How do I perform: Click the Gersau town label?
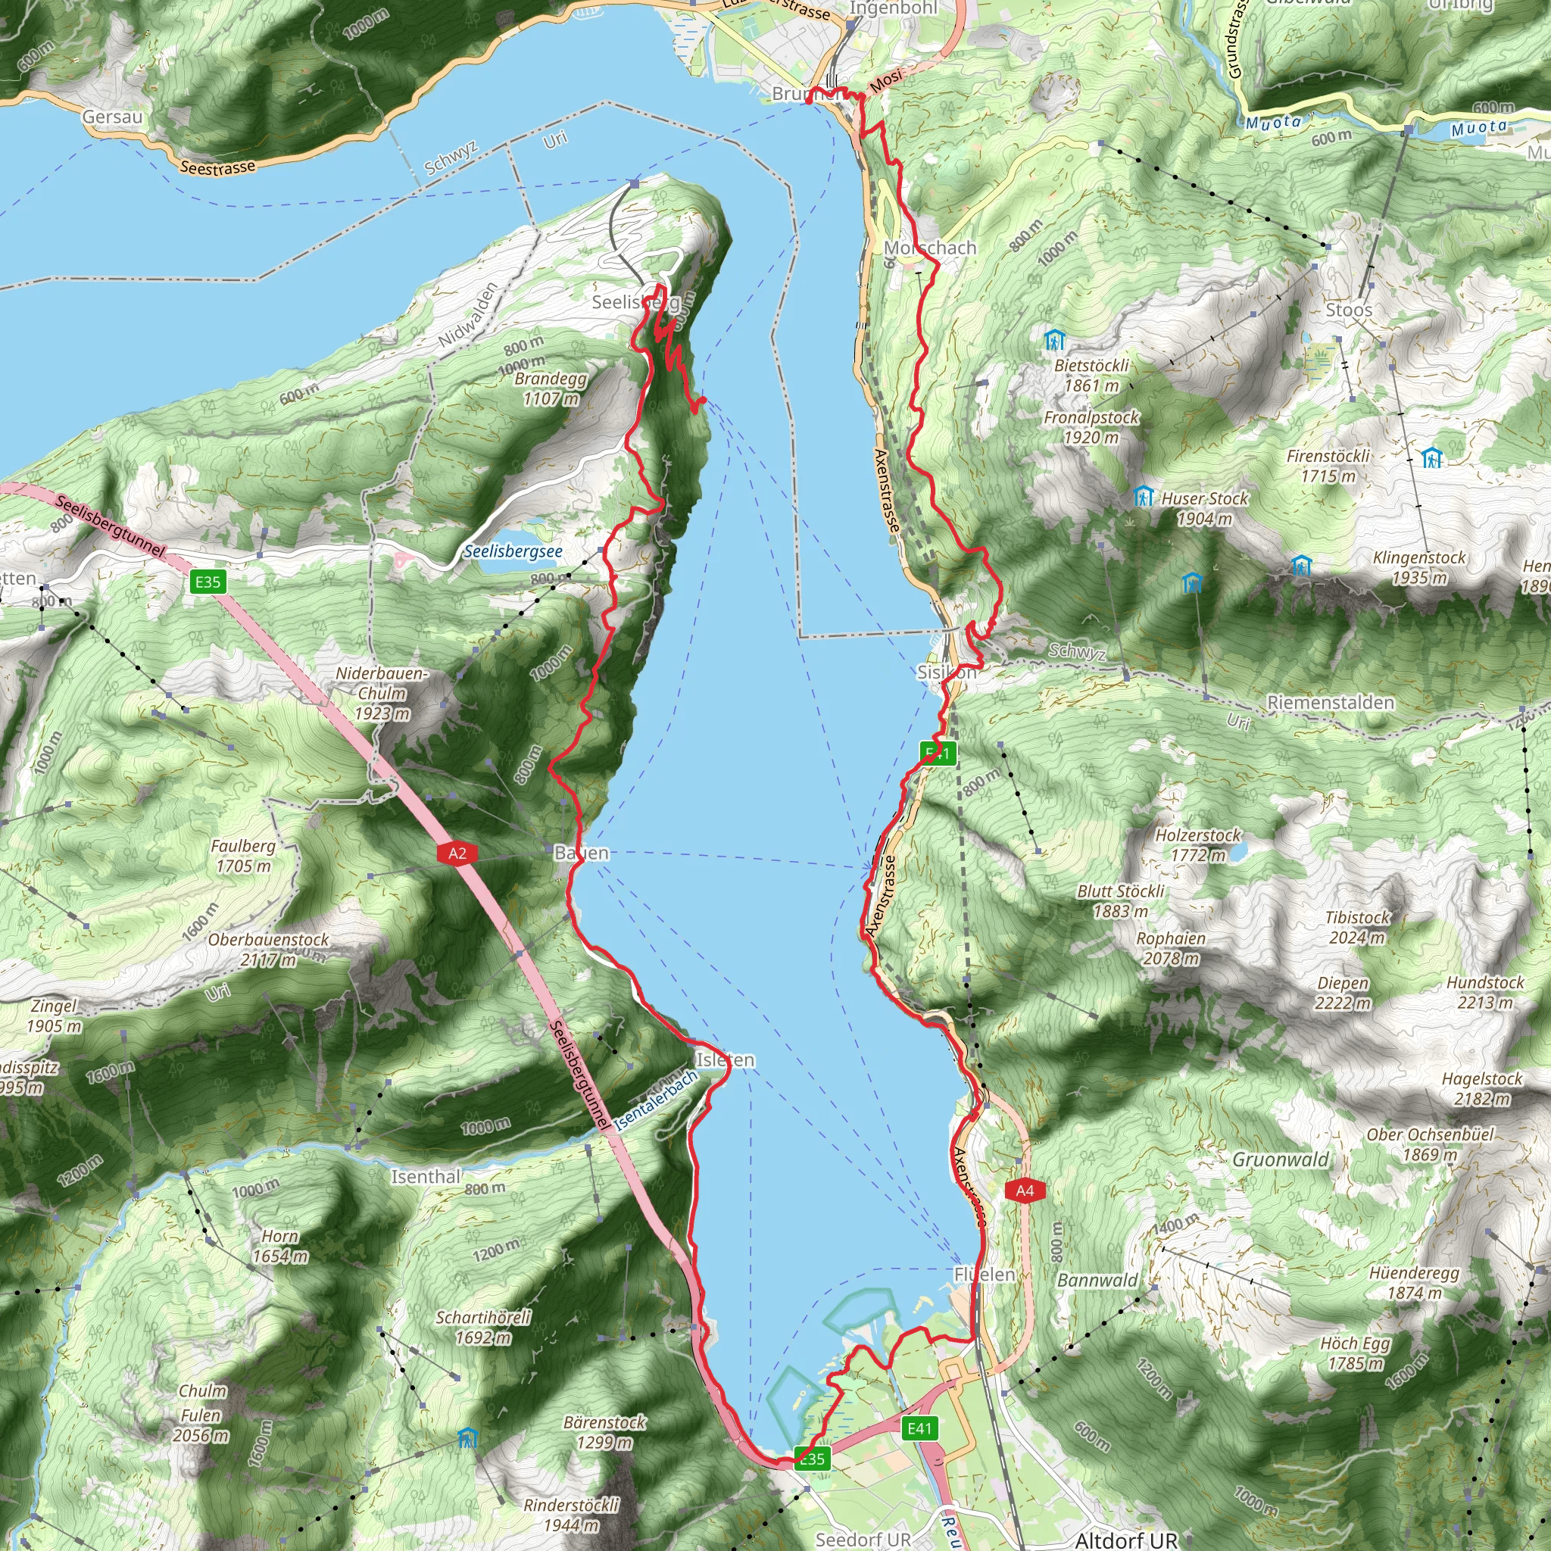click(112, 117)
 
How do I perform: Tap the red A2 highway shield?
click(457, 854)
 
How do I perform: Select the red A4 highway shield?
click(1025, 1191)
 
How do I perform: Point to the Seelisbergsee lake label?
click(513, 551)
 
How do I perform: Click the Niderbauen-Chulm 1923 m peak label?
click(382, 693)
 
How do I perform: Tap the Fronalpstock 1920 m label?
click(1091, 427)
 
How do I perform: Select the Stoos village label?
click(1349, 310)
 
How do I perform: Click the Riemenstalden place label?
click(1330, 703)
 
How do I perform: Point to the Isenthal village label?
click(426, 1177)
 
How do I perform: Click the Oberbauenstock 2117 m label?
click(269, 950)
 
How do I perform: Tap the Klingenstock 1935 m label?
click(1419, 567)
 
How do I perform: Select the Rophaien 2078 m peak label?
click(1171, 948)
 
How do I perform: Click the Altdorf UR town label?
click(1125, 1540)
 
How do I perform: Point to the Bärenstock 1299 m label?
click(604, 1432)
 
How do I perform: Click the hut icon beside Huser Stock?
click(1143, 497)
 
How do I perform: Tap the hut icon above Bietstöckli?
click(1054, 340)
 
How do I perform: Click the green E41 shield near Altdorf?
click(919, 1428)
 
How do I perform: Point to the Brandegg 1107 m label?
click(551, 389)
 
